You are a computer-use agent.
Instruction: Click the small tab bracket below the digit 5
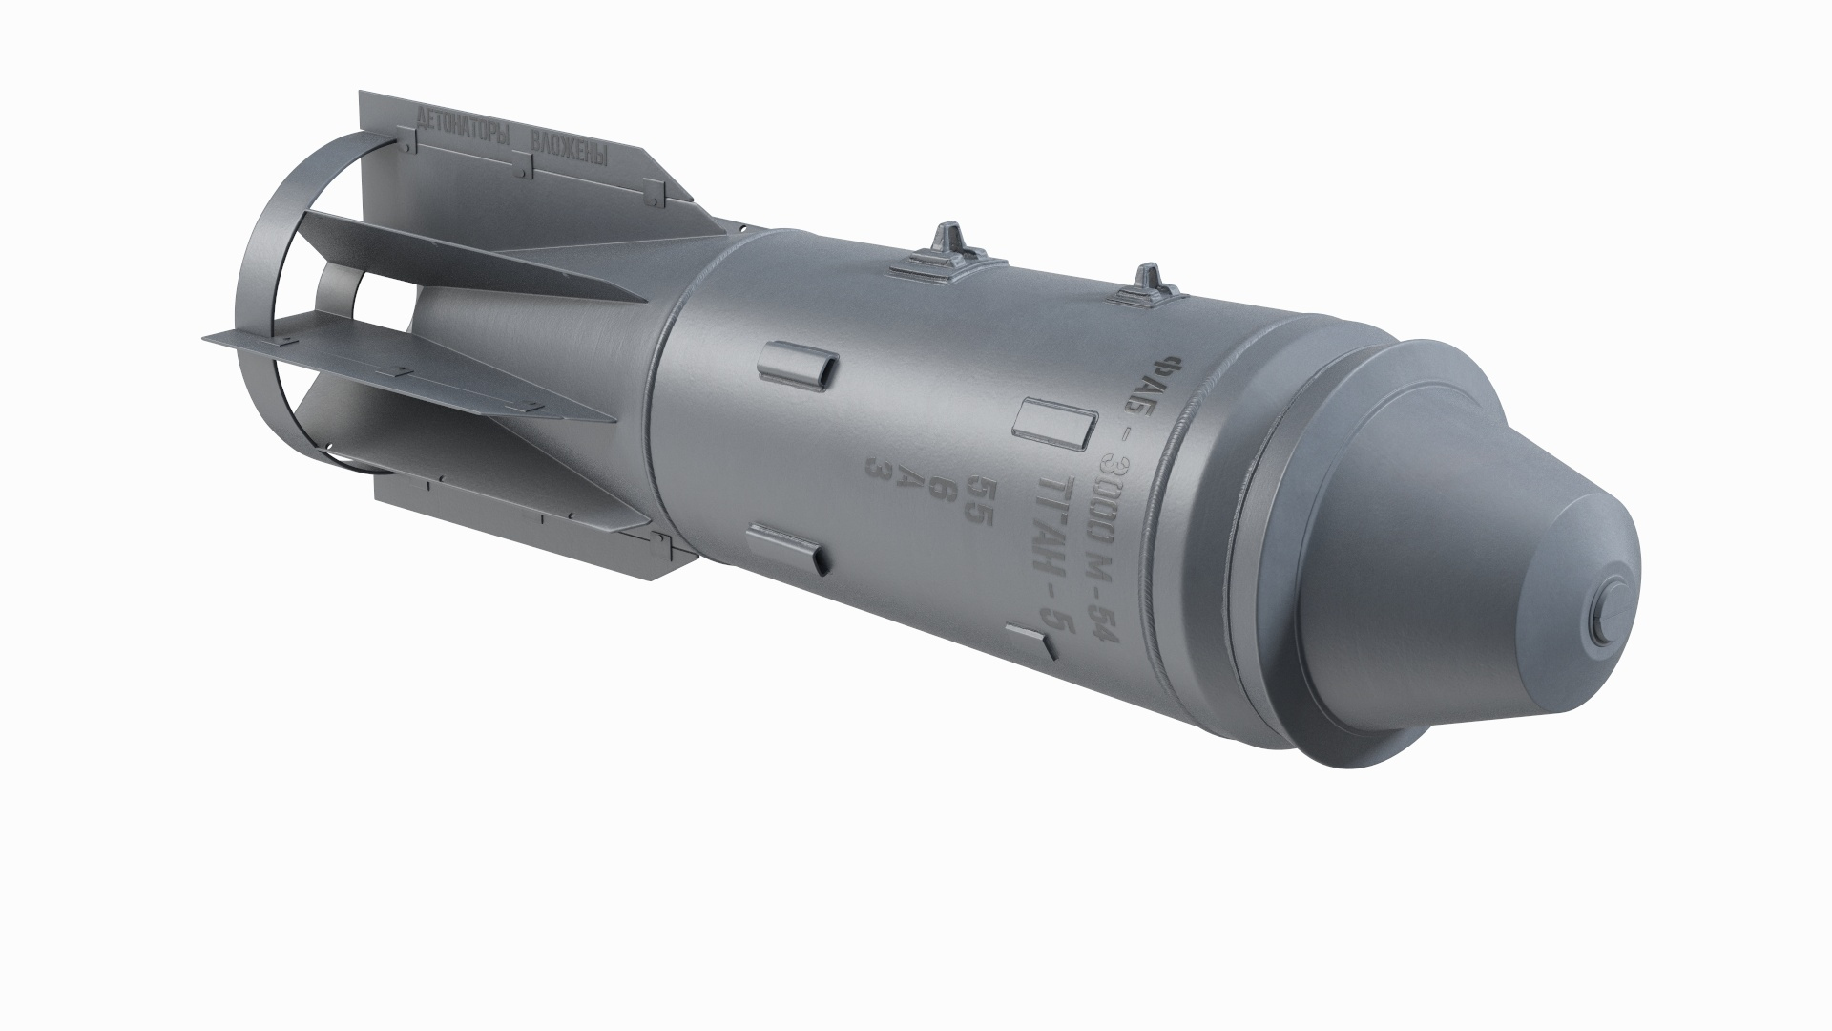1031,641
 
